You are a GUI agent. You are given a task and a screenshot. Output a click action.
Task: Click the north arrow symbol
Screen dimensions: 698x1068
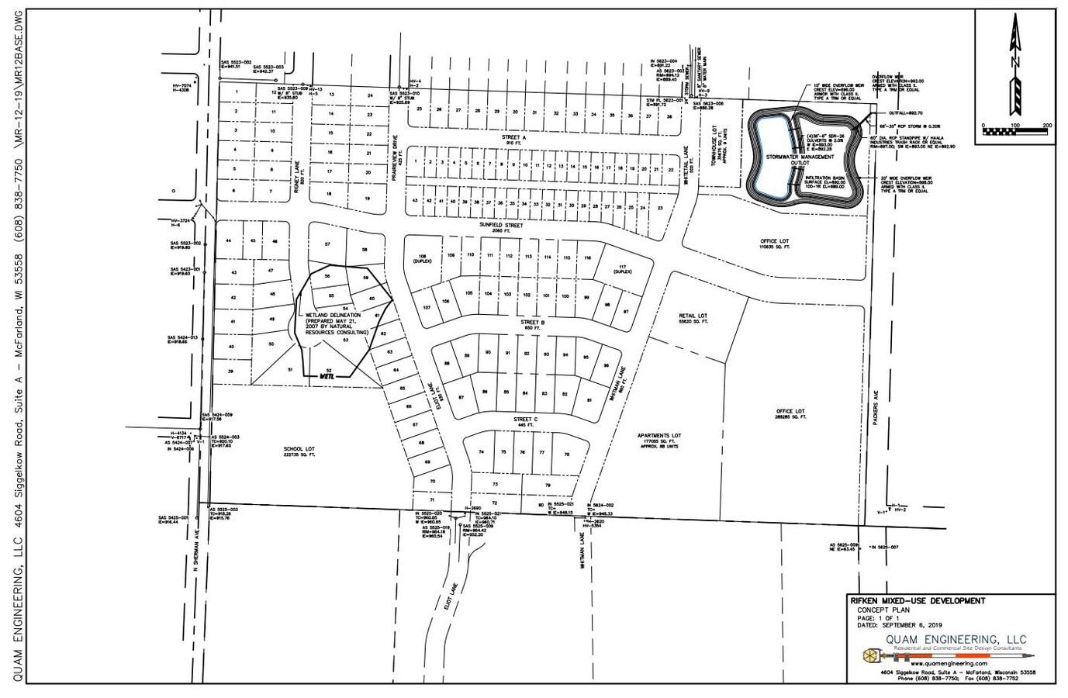tap(1014, 66)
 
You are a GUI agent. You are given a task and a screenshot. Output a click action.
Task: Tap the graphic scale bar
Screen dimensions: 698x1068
tap(1014, 133)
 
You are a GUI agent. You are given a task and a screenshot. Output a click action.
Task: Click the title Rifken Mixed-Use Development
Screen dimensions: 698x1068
tap(917, 601)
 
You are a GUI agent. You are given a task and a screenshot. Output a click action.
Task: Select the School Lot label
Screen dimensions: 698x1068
tap(296, 451)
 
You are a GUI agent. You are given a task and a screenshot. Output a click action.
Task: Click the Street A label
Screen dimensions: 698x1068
tap(513, 137)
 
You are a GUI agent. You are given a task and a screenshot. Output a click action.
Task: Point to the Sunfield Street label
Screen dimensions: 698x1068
tap(500, 226)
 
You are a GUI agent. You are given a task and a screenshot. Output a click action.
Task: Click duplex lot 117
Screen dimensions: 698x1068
tap(621, 268)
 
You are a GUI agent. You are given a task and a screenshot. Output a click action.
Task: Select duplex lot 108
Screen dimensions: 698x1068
tap(423, 258)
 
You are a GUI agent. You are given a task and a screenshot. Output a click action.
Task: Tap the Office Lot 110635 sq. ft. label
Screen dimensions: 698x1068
tap(774, 244)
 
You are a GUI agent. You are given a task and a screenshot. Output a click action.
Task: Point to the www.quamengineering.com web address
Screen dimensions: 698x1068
tap(949, 664)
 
